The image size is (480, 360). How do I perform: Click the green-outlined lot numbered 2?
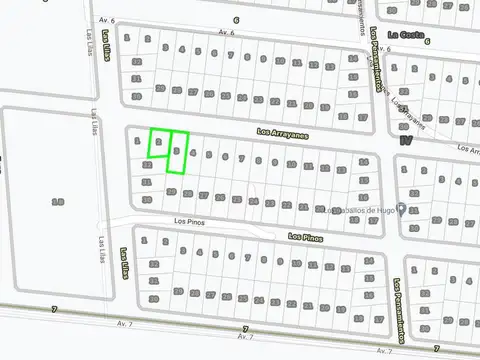pos(158,143)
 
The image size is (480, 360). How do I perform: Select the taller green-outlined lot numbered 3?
pos(178,151)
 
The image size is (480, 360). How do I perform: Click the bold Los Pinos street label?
pos(305,237)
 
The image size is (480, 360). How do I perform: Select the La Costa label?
pos(405,35)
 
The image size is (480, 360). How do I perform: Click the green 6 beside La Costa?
pos(427,41)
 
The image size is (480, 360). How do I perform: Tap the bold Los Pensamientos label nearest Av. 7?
pos(397,296)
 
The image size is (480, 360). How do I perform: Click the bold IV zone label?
pos(404,141)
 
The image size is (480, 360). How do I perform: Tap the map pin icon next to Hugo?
pos(401,209)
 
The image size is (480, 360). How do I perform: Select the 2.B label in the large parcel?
pos(58,201)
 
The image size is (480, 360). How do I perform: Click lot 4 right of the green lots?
pos(193,154)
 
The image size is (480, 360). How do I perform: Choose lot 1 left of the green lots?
pos(136,141)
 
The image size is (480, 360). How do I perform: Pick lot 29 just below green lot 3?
pos(171,191)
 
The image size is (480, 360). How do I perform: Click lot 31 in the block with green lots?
pos(148,182)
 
